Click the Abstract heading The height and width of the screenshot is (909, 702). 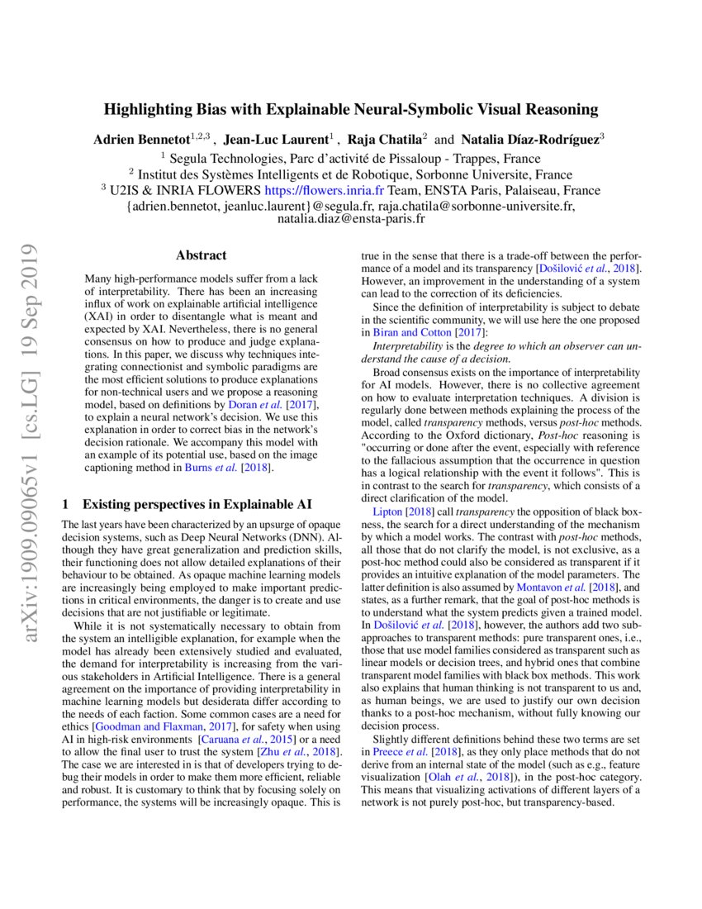201,255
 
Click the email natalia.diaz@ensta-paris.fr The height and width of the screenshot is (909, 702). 351,219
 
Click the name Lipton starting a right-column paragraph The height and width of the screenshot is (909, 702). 387,512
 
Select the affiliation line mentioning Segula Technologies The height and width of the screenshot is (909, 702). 350,158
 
